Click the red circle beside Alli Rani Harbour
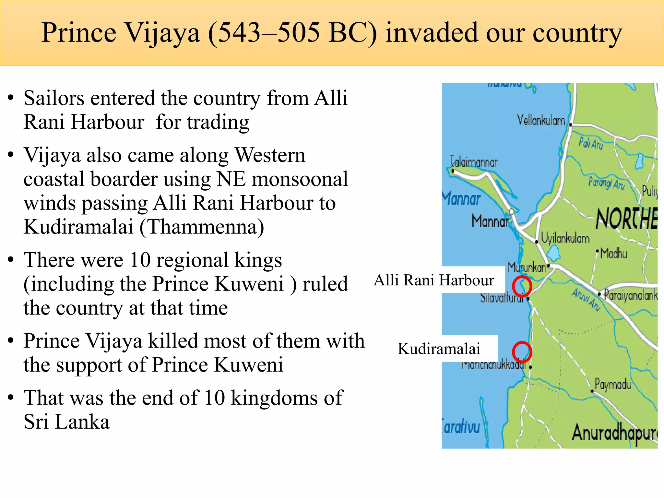pyautogui.click(x=522, y=286)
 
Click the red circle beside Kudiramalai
pyautogui.click(x=522, y=352)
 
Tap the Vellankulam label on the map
pyautogui.click(x=541, y=120)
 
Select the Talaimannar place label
pyautogui.click(x=474, y=161)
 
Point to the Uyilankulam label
pyautogui.click(x=565, y=238)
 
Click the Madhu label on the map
pyautogui.click(x=613, y=253)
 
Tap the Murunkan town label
pyautogui.click(x=527, y=267)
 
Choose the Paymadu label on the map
pyautogui.click(x=613, y=384)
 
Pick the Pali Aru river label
pyautogui.click(x=591, y=143)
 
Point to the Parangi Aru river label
pyautogui.click(x=606, y=183)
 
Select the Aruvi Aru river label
pyautogui.click(x=586, y=300)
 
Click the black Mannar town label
pyautogui.click(x=490, y=222)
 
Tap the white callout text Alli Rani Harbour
pyautogui.click(x=434, y=280)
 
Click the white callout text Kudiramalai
pyautogui.click(x=439, y=349)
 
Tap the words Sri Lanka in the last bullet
pyautogui.click(x=67, y=422)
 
